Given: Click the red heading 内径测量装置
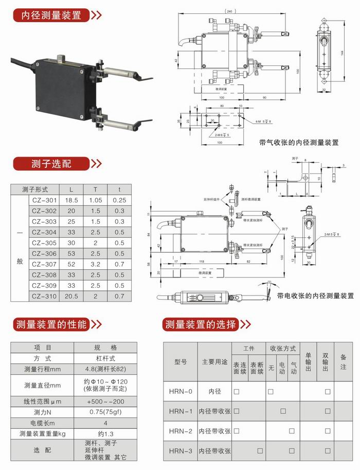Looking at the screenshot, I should click(x=50, y=15).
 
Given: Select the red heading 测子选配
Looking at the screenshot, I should click(x=50, y=164).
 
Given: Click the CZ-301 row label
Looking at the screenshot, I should click(x=44, y=200).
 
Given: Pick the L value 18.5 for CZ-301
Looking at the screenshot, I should click(x=71, y=200).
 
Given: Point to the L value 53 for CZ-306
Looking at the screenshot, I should click(x=71, y=253).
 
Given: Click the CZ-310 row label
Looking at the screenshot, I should click(x=44, y=296).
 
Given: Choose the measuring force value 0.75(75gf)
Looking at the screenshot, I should click(x=107, y=412).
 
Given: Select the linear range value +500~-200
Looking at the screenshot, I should click(x=107, y=401).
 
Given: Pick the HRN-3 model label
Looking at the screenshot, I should click(x=180, y=451).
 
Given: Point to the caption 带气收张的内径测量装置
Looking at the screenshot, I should click(x=299, y=143).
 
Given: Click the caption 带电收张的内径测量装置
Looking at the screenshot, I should click(x=315, y=296).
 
